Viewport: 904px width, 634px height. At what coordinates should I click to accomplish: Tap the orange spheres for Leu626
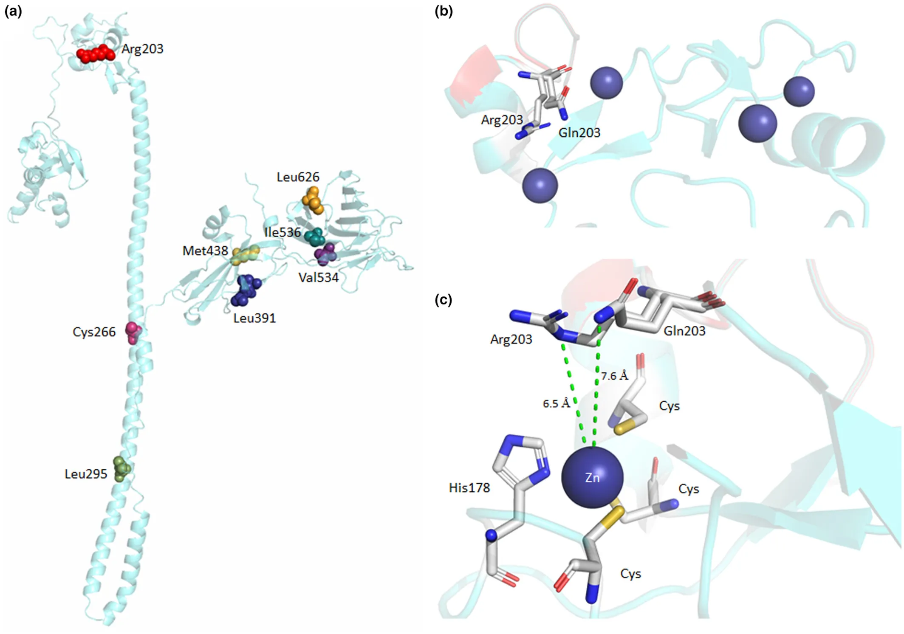click(x=313, y=200)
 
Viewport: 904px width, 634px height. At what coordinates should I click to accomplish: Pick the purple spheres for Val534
click(x=325, y=254)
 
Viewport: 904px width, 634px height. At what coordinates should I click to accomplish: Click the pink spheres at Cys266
click(x=133, y=332)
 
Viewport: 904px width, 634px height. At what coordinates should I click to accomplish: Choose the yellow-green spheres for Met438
click(x=245, y=255)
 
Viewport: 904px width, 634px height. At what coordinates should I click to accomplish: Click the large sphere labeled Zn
click(x=592, y=477)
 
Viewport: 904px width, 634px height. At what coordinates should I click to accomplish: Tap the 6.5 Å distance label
click(x=556, y=403)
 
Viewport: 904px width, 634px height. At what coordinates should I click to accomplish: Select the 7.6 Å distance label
click(x=614, y=376)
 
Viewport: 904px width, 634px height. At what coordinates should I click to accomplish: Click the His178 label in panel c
click(x=469, y=488)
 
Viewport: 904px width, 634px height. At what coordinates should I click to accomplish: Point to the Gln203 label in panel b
click(x=579, y=133)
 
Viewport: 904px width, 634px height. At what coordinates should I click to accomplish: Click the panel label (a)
click(x=13, y=11)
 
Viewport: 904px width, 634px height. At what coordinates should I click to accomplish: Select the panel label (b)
click(x=444, y=11)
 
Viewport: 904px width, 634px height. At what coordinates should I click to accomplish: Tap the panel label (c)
click(x=443, y=300)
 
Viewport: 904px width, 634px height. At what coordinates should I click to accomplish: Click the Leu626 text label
click(x=298, y=177)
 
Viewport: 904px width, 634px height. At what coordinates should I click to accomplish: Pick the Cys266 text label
click(x=94, y=332)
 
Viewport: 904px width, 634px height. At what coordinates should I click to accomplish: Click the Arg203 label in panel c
click(x=511, y=339)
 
